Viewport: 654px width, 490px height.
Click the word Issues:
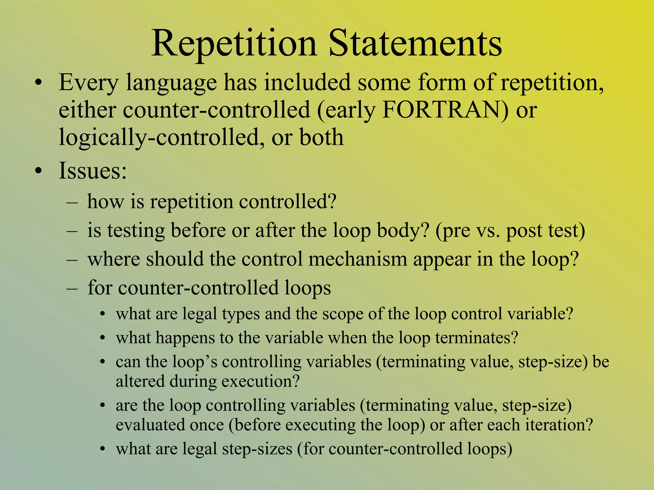pos(93,171)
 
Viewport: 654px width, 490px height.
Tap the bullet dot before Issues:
pos(39,171)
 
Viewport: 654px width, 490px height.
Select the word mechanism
pos(357,259)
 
